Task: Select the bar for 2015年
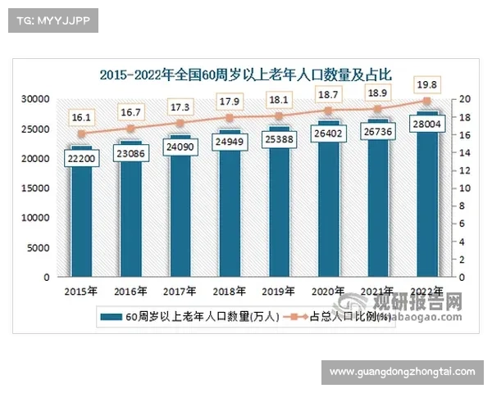[x=81, y=221]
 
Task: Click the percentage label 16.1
[x=81, y=117]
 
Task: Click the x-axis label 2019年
[x=278, y=291]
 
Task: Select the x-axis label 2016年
[x=130, y=291]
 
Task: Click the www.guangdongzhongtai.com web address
[x=402, y=373]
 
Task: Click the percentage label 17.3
[x=180, y=107]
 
